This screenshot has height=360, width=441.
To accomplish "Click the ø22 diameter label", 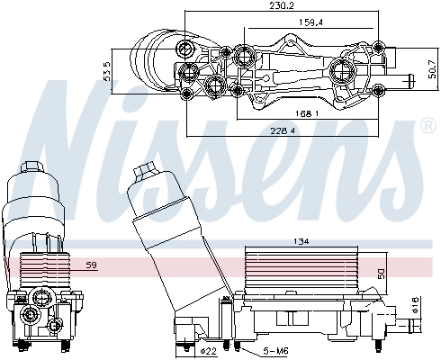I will point(205,350).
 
